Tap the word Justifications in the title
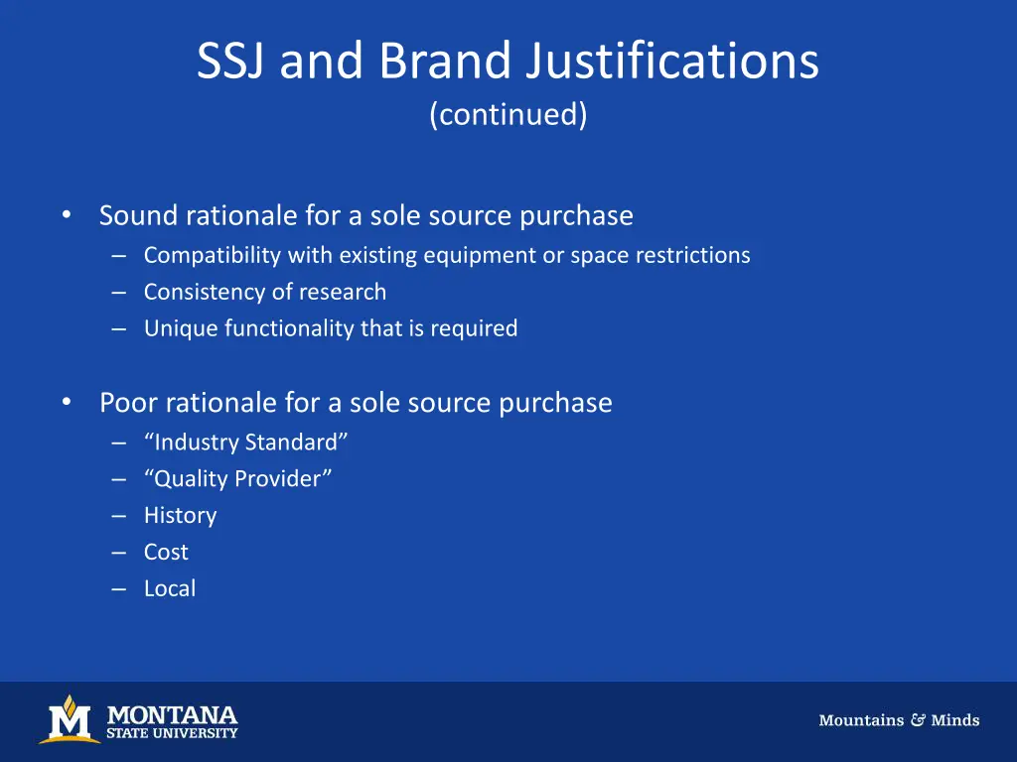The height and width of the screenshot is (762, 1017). pyautogui.click(x=672, y=62)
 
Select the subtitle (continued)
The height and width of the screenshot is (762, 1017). pyautogui.click(x=508, y=114)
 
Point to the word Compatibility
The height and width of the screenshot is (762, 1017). pyautogui.click(x=213, y=255)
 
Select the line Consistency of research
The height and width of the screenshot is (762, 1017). pyautogui.click(x=264, y=292)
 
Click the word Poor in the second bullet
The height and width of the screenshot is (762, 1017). pyautogui.click(x=128, y=402)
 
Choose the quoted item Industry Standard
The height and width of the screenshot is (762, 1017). pyautogui.click(x=245, y=442)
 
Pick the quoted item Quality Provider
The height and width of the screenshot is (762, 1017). pyautogui.click(x=237, y=478)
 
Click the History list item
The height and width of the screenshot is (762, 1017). pyautogui.click(x=180, y=515)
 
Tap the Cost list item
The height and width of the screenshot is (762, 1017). pyautogui.click(x=166, y=552)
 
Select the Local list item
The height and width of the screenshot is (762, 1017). pyautogui.click(x=170, y=588)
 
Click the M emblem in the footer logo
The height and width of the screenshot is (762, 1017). pyautogui.click(x=69, y=719)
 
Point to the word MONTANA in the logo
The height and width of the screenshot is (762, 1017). pyautogui.click(x=172, y=714)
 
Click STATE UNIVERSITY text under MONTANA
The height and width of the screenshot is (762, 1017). pyautogui.click(x=172, y=733)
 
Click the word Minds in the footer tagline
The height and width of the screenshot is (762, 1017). pyautogui.click(x=955, y=720)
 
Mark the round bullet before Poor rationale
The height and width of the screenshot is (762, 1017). pyautogui.click(x=66, y=402)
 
